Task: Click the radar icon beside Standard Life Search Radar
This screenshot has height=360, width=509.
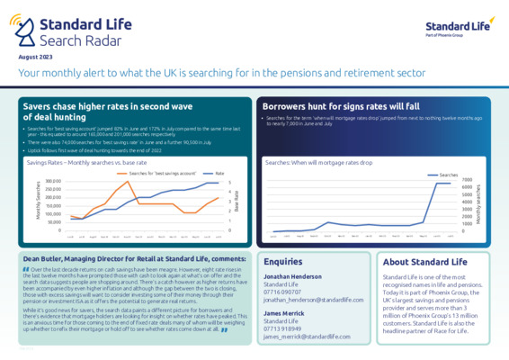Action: [29, 30]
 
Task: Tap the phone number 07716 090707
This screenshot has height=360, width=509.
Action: [283, 292]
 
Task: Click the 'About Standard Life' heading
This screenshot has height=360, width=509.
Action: [424, 260]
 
